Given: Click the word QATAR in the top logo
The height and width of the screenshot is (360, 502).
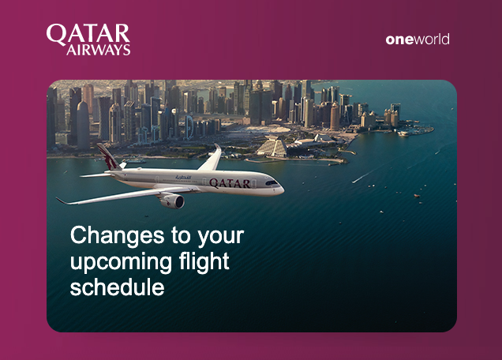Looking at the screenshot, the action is click(88, 34).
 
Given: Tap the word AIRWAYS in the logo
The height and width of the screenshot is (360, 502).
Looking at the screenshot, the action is click(99, 50).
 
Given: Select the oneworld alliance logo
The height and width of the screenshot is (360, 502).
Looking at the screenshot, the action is click(418, 39).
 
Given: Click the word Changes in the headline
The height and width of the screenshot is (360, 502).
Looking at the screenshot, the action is click(117, 237).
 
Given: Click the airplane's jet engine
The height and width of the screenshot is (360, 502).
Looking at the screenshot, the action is click(173, 201).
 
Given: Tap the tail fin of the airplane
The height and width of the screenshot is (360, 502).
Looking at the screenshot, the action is click(108, 156).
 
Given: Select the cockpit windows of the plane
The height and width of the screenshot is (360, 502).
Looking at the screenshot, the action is click(272, 183).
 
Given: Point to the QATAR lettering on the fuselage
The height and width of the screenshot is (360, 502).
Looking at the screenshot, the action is click(230, 183).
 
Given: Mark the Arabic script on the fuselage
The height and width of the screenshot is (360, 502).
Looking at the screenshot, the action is click(183, 178).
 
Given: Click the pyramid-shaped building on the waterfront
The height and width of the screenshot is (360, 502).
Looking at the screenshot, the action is click(272, 147).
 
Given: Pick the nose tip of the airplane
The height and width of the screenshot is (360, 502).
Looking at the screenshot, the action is click(283, 190).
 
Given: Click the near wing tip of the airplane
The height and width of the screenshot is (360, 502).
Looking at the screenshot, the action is click(58, 200).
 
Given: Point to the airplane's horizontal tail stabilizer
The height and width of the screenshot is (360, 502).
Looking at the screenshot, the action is click(96, 175).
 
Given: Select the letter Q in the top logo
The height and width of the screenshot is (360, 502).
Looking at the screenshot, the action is click(56, 35).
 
